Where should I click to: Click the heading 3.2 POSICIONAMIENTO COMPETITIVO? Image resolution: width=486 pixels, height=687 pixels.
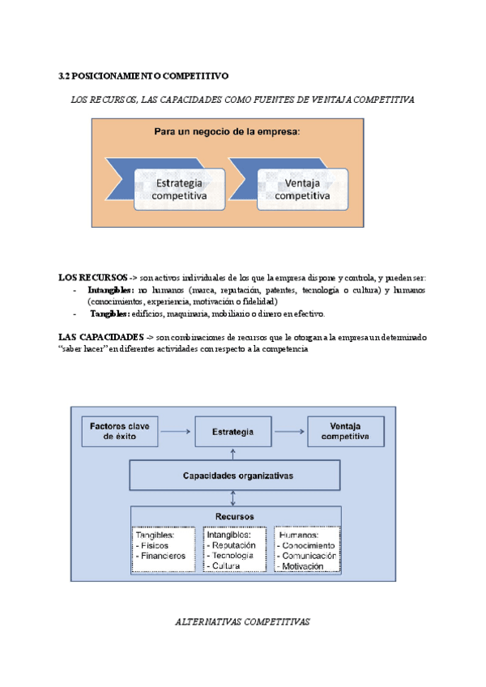[x=144, y=75]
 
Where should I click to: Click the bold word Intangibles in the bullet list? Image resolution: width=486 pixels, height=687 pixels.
[x=111, y=289]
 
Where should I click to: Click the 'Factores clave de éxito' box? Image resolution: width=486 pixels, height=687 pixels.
[x=120, y=432]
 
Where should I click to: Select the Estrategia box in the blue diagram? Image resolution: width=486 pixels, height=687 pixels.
[x=232, y=433]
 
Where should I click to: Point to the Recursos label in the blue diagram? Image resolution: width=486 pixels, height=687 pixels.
[x=235, y=516]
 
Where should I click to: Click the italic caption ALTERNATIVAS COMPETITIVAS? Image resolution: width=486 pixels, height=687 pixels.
[x=243, y=622]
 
